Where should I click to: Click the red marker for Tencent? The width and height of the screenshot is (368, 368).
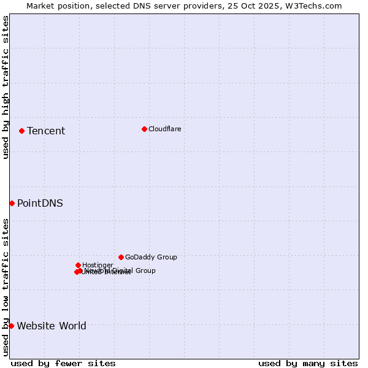(x=21, y=131)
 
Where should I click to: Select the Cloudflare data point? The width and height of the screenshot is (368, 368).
(x=144, y=129)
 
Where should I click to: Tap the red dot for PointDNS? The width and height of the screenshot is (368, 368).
(x=12, y=203)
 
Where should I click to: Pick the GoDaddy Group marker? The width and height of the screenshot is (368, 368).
(x=121, y=257)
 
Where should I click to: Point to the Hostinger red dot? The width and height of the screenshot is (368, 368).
(x=78, y=265)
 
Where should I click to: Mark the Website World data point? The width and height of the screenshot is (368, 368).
(x=11, y=326)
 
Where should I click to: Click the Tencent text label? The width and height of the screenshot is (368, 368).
(x=46, y=131)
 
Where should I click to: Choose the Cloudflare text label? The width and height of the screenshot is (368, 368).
(x=164, y=129)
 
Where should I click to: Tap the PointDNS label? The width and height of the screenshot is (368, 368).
(x=40, y=203)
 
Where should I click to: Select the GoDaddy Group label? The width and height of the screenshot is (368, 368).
(x=151, y=257)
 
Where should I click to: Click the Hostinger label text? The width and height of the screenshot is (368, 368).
(x=98, y=265)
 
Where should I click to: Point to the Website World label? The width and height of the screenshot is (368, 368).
(x=52, y=326)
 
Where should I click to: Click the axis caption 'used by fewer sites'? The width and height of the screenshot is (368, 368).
(x=63, y=364)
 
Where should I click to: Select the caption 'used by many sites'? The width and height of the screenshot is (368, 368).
(x=308, y=364)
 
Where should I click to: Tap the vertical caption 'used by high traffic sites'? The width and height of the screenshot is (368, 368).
(x=6, y=87)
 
